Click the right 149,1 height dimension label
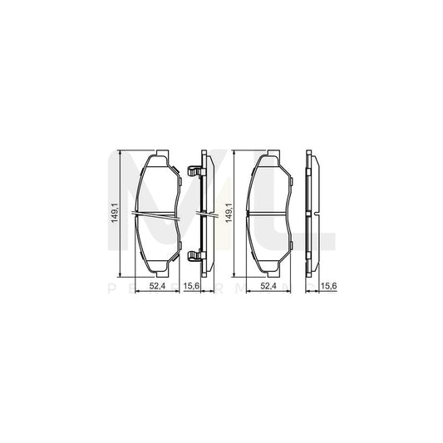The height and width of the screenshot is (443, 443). click(x=240, y=214)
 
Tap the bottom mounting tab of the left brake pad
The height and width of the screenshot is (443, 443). click(x=159, y=271)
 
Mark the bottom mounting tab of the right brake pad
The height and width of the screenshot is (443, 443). click(x=269, y=271)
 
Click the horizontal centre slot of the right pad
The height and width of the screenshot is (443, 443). click(x=269, y=214)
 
